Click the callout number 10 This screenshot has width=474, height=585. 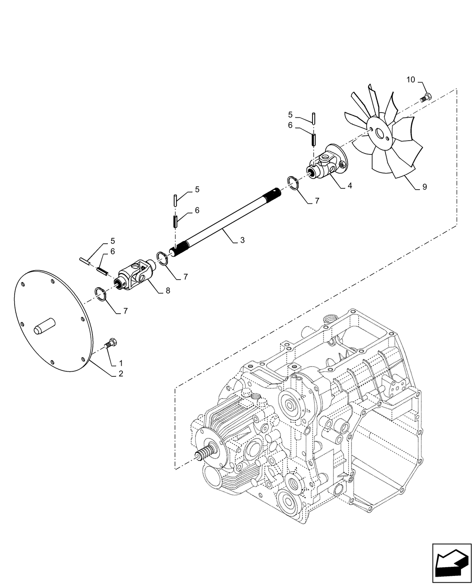tap(411, 80)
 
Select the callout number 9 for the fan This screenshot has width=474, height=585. tap(424, 187)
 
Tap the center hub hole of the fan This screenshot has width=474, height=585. tap(380, 134)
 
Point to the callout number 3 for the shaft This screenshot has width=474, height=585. tap(242, 240)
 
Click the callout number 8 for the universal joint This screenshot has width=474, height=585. tap(168, 290)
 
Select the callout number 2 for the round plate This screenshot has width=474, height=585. tap(121, 373)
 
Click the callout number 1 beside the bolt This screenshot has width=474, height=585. tap(121, 363)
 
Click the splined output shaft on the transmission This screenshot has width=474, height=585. tap(205, 453)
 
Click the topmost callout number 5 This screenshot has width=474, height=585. tap(290, 115)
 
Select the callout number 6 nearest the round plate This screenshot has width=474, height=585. tap(113, 251)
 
